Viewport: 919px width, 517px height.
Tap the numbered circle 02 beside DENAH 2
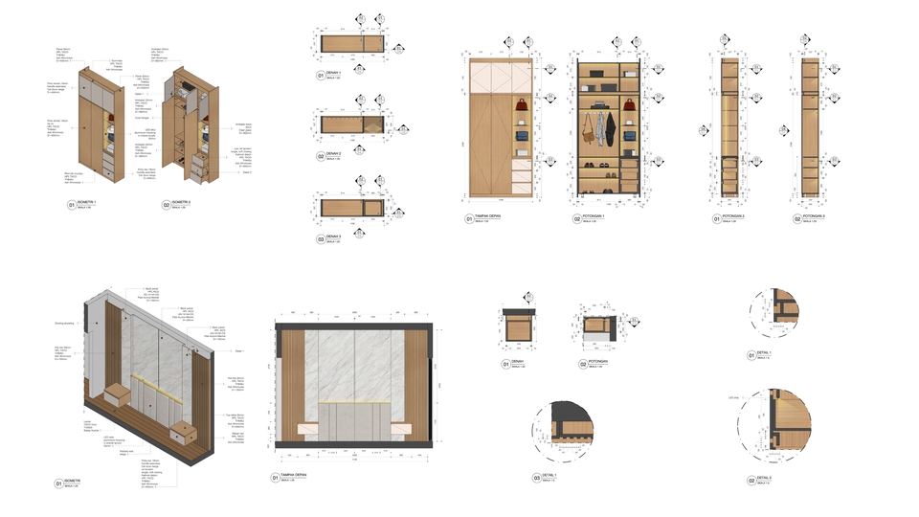click(x=322, y=156)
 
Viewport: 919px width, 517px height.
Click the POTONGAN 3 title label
click(x=736, y=216)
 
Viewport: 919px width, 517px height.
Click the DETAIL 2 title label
click(x=765, y=476)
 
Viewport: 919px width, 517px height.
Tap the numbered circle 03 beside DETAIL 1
click(x=537, y=478)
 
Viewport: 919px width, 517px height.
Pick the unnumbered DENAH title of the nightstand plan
click(x=518, y=362)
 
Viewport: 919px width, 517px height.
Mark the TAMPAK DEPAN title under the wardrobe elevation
click(x=492, y=216)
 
